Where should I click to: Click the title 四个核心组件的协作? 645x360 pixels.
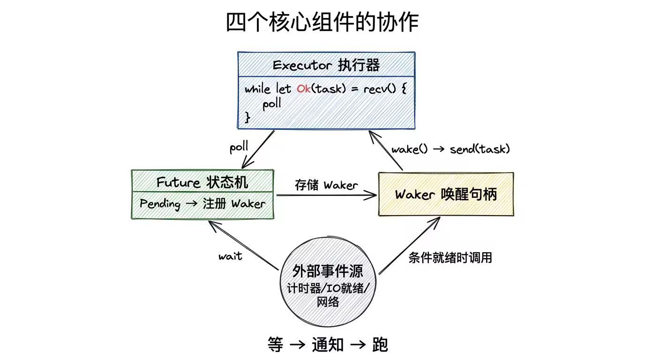pos(322,22)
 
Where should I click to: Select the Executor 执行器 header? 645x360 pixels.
pos(326,65)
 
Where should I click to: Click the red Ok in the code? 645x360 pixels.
pos(303,89)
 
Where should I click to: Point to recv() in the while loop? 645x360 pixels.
pos(380,89)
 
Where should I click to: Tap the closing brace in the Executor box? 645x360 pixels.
pos(248,118)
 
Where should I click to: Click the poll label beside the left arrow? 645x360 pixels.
pos(239,147)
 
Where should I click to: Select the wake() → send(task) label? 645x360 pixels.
pos(450,149)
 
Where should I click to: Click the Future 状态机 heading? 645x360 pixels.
pos(202,182)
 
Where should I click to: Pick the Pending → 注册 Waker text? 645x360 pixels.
pos(202,204)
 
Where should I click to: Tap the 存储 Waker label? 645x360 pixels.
pos(326,185)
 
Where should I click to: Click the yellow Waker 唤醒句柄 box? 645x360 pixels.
pos(446,194)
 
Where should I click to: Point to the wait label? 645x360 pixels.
pos(230,256)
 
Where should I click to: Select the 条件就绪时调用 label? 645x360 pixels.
pos(450,258)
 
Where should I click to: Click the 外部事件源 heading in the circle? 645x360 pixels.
pos(328,270)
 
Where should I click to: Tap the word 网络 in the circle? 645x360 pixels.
pos(328,302)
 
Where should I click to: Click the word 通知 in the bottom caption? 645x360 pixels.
pos(328,345)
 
